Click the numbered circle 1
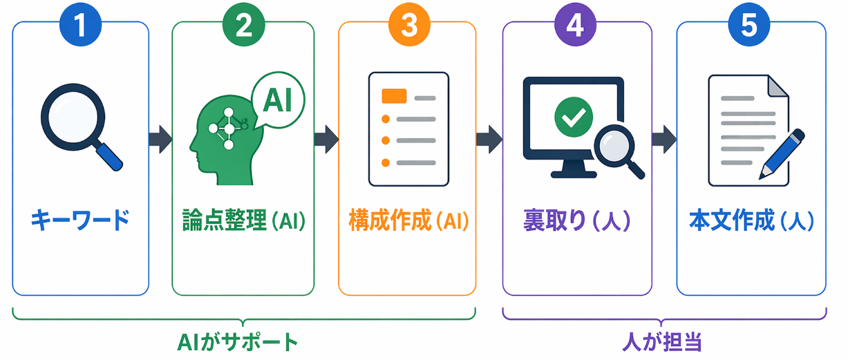point(81,24)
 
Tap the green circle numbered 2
point(243,24)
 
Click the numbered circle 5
point(749,24)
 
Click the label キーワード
point(80,221)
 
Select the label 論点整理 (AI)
point(243,221)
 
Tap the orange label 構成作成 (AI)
point(408,221)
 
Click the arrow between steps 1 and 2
point(160,139)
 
